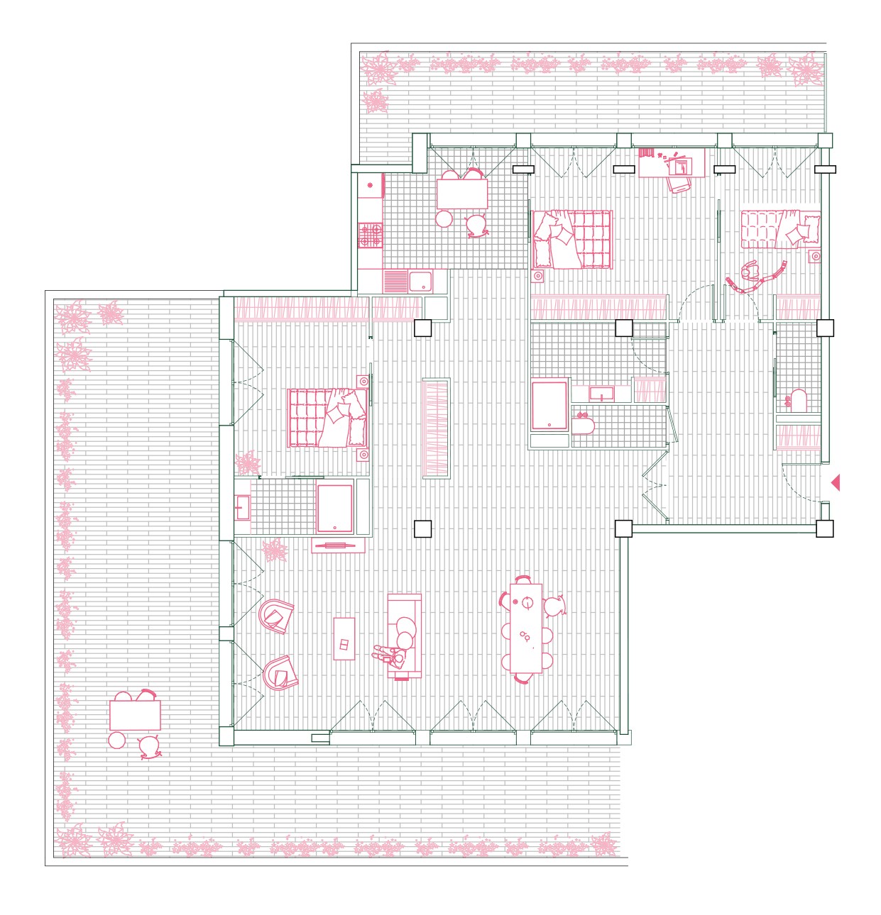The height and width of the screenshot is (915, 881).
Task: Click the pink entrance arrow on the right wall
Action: tap(836, 483)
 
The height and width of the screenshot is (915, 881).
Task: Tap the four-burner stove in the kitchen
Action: tap(370, 235)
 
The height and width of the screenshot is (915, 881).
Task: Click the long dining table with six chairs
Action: tap(526, 628)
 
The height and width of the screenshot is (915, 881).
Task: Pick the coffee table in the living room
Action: tap(344, 638)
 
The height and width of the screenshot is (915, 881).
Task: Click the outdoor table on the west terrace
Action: tap(135, 715)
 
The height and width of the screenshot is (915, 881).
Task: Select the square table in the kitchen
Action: tap(462, 194)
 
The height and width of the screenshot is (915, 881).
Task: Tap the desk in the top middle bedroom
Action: tap(671, 163)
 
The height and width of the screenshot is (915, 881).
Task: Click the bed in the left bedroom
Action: tap(327, 418)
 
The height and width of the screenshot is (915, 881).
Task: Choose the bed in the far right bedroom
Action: tap(780, 229)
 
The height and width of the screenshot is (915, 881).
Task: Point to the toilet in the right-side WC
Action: tap(798, 401)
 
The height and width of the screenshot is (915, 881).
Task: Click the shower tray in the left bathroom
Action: tap(335, 508)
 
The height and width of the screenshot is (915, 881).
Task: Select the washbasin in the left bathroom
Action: tap(243, 508)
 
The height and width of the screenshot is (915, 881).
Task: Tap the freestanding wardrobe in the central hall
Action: tap(436, 428)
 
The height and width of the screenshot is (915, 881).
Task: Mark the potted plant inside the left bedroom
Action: tap(248, 463)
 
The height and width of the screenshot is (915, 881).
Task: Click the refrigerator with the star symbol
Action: tap(370, 186)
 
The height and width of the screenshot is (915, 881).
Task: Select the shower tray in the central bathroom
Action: tap(549, 406)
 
